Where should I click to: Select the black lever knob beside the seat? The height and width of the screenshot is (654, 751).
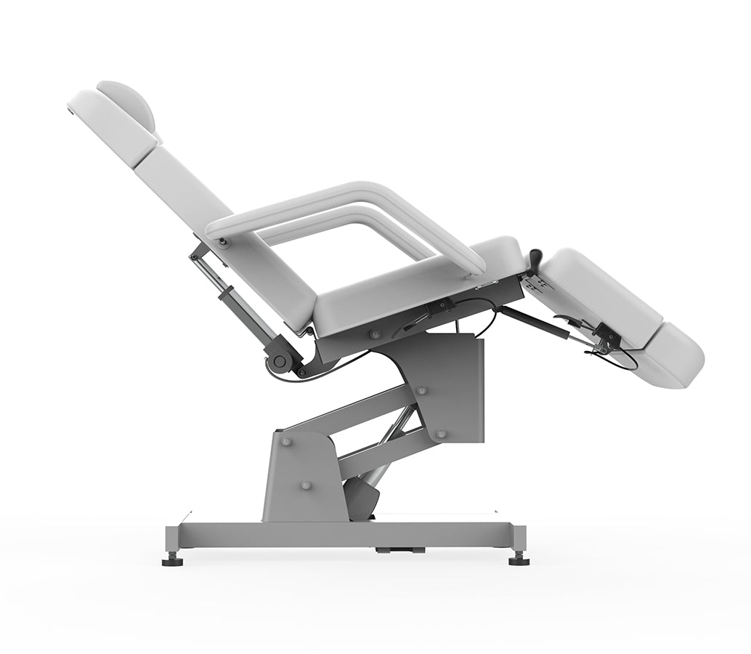[x=537, y=259]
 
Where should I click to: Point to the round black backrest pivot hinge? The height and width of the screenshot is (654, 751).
[x=280, y=360]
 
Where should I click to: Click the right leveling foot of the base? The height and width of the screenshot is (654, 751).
[x=519, y=559]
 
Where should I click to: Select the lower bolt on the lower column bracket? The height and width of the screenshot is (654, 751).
[x=306, y=485]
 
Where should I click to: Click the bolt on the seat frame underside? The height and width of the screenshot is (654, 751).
[x=375, y=334]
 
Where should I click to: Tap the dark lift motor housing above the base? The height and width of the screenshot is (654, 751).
[x=362, y=498]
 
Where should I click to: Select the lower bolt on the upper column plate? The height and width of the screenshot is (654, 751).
[x=441, y=433]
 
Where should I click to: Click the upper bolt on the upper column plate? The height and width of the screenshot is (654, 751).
[x=422, y=390]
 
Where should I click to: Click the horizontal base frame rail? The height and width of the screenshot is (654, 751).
[x=349, y=536]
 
